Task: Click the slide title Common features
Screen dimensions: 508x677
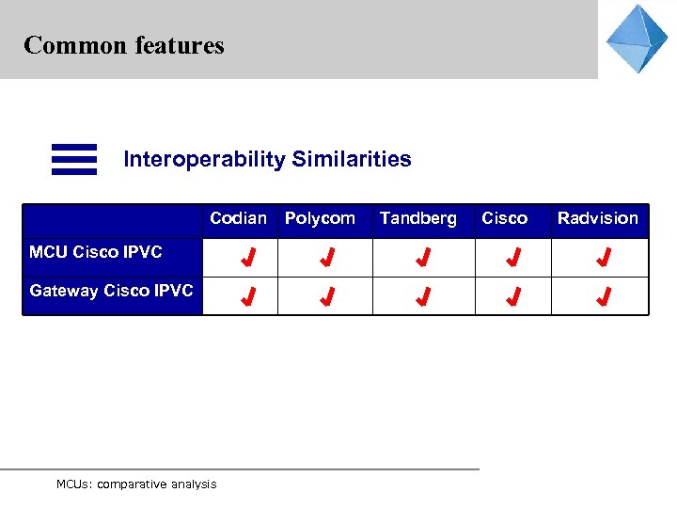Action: (x=124, y=45)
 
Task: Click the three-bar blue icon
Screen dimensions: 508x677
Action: (x=74, y=159)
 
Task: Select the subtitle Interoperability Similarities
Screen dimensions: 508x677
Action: (x=267, y=159)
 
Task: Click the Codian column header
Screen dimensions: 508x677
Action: (x=238, y=218)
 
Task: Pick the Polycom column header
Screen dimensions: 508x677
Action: (x=320, y=218)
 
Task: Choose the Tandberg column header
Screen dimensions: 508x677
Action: (x=417, y=218)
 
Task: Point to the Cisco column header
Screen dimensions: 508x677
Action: (x=504, y=218)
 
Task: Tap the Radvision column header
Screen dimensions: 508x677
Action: (x=597, y=218)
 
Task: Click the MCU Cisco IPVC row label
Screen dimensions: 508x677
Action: (x=96, y=252)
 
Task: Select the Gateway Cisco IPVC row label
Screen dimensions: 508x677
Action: (x=111, y=291)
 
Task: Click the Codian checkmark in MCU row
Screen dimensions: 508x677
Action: (x=248, y=257)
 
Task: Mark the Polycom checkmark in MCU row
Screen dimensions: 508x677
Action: (x=326, y=257)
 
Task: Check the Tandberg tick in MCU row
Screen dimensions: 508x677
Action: (x=424, y=257)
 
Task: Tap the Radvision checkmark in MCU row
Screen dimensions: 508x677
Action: (x=604, y=257)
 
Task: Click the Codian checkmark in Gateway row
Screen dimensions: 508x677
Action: (x=248, y=298)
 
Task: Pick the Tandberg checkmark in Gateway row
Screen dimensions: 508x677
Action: (x=424, y=298)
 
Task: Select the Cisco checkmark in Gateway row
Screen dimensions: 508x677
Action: (x=512, y=298)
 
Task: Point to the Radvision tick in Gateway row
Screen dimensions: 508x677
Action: (x=604, y=298)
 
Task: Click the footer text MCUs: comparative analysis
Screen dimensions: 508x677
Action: (x=136, y=484)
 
